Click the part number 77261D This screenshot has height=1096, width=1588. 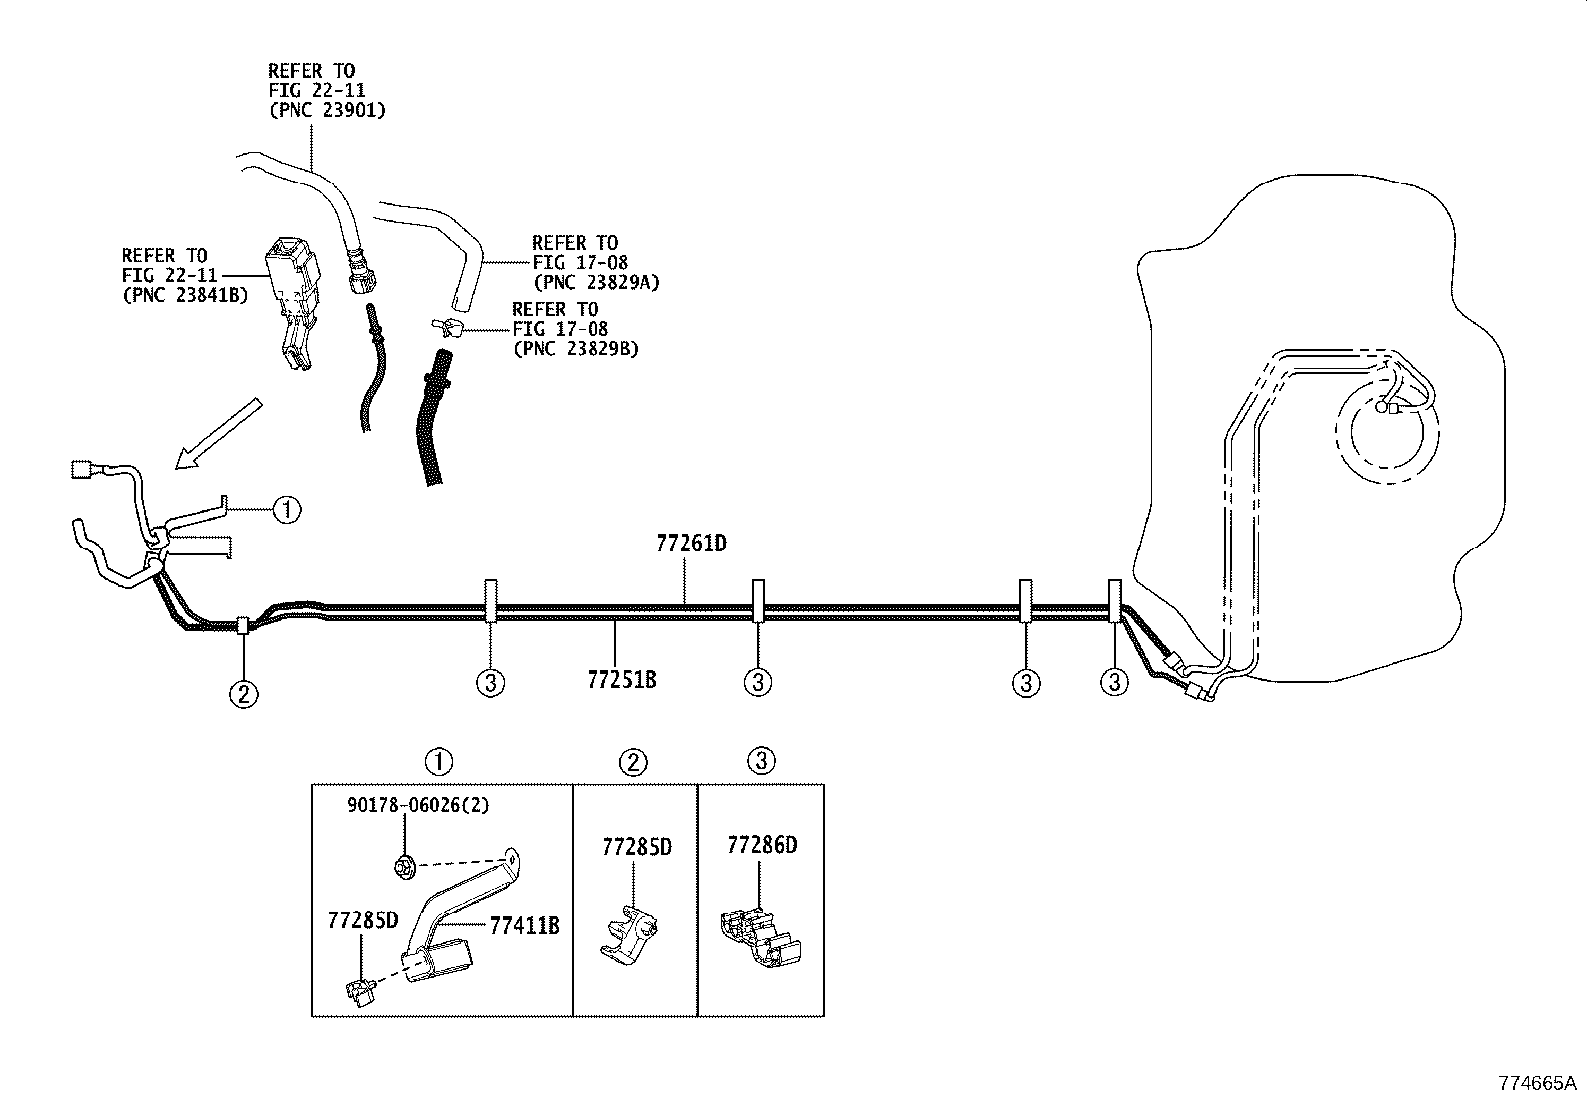690,545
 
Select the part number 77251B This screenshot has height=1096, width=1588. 621,681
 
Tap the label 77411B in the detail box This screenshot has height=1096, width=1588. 524,926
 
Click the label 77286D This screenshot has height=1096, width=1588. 762,846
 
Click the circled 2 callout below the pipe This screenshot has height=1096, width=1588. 244,693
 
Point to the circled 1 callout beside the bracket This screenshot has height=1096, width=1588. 286,510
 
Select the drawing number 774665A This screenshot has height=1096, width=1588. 1537,1083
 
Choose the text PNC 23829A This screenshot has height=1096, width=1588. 596,282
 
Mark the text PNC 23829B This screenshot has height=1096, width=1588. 576,349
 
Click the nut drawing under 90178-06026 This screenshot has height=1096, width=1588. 405,868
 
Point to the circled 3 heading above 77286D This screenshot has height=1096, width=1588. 760,762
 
